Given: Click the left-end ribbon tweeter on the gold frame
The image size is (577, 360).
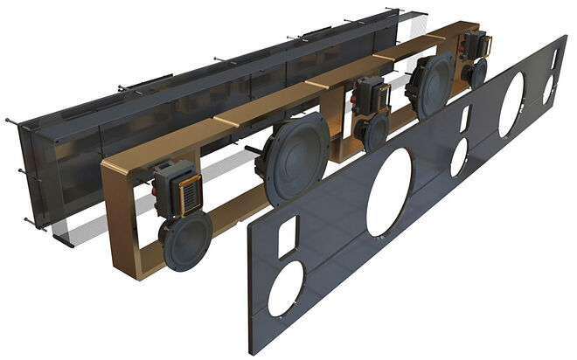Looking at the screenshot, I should click(187, 188).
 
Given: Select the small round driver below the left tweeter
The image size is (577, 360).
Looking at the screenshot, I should click(186, 240).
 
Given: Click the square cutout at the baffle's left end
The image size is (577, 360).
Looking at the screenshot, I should click(287, 237).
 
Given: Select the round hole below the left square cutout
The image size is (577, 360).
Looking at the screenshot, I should click(285, 288).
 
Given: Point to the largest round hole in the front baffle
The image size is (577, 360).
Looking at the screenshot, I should click(389, 192).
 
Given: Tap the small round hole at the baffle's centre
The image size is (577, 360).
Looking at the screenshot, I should click(458, 156).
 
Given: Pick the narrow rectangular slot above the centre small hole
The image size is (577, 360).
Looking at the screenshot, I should click(465, 117).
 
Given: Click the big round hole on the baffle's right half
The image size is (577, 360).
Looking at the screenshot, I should click(511, 103).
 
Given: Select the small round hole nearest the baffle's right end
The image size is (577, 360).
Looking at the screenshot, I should click(548, 89).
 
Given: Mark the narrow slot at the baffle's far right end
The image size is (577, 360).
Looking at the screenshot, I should click(554, 59).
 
